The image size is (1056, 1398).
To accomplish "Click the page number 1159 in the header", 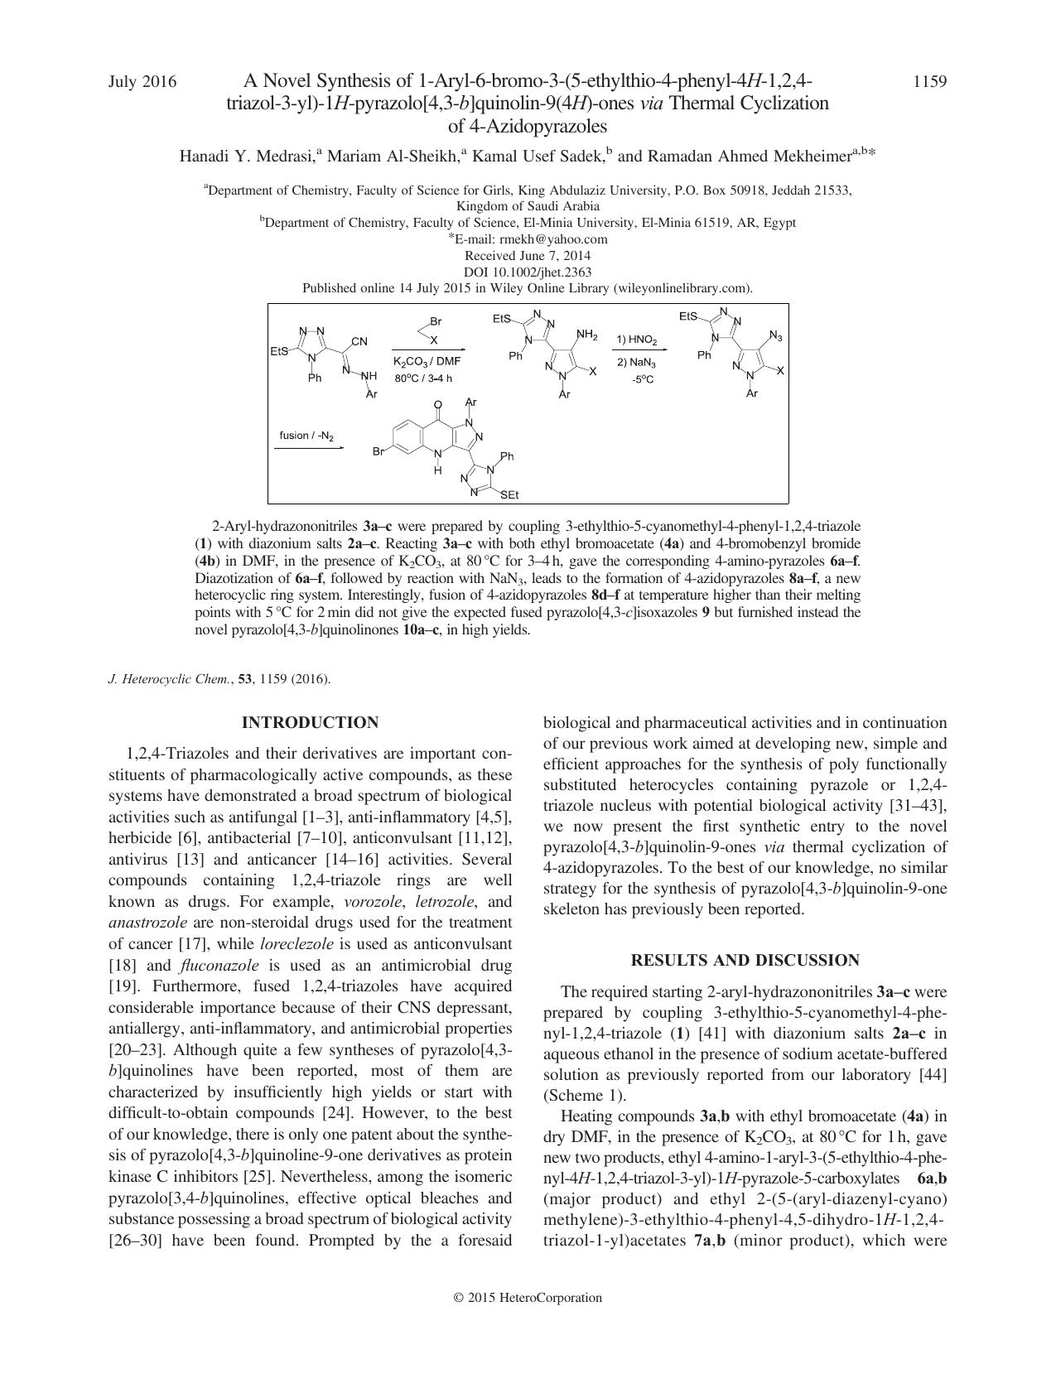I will pos(929,81).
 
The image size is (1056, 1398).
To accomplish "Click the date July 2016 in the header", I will pos(142,81).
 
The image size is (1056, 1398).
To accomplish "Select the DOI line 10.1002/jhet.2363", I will pos(528,272).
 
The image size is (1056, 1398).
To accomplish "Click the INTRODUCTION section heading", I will pos(310,723).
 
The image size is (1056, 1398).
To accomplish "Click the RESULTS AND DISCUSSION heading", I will pos(745,961).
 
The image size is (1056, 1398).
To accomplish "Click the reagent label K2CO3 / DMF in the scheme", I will pos(427,362).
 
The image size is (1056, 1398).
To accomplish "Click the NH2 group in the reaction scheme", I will pos(587,335).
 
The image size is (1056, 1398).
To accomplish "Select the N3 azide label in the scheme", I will pos(775,336).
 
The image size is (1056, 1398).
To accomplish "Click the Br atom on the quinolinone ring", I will pos(379,452).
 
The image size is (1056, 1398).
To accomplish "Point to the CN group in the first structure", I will pos(359,341).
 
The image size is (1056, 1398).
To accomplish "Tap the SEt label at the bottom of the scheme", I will pos(509,495).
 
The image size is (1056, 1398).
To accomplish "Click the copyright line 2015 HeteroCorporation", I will pos(528,1298).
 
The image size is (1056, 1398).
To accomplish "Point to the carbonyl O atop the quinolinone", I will pos(438,406).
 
